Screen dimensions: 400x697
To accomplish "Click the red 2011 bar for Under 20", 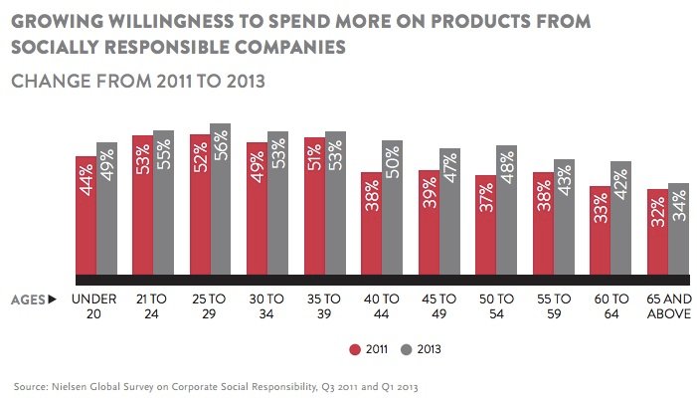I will [87, 215].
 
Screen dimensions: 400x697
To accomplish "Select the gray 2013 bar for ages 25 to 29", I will [221, 199].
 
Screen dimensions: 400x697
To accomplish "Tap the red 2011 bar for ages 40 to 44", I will [372, 224].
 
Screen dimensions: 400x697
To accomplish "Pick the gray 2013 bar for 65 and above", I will [678, 229].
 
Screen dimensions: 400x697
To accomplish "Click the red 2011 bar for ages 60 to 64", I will [601, 230].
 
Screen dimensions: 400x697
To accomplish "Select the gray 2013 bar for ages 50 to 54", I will [506, 211].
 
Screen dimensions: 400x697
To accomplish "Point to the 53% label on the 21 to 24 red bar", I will [143, 157].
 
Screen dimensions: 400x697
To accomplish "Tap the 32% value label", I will [657, 209].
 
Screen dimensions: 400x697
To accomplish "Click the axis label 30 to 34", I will [267, 305].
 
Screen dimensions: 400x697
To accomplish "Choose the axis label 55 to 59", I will [554, 305].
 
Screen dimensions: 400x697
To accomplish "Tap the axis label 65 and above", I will [667, 305].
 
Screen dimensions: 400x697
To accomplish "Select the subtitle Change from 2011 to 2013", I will [137, 82].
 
